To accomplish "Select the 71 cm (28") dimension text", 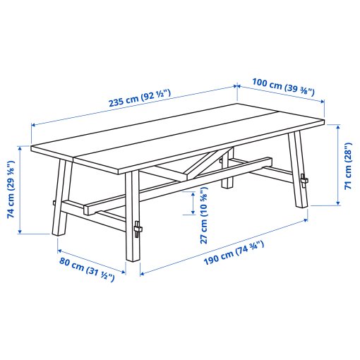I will coord(347,167).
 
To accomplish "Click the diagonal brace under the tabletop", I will coord(202,164).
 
